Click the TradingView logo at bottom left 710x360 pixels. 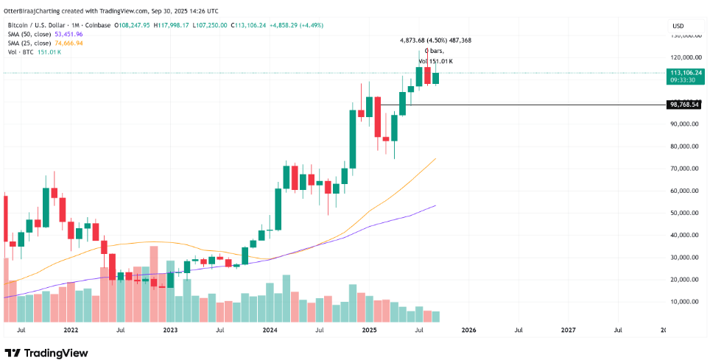pos(46,353)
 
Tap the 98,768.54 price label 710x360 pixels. pos(683,105)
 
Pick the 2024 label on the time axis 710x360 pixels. pos(270,331)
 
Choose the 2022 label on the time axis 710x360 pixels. pos(71,331)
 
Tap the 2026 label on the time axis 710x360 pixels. pos(468,331)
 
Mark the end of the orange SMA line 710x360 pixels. pos(436,158)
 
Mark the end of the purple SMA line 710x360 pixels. pos(436,205)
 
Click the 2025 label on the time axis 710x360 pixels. pos(369,331)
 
